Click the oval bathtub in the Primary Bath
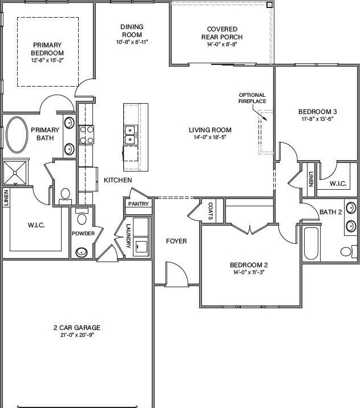(x=17, y=134)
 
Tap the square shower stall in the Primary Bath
(x=15, y=173)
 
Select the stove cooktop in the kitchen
(x=87, y=134)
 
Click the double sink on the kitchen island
(x=130, y=135)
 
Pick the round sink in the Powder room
(x=82, y=252)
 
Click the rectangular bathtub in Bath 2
(x=311, y=243)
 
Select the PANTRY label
(x=138, y=204)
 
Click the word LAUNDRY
(x=128, y=236)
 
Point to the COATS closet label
(x=211, y=211)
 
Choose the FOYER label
(x=176, y=241)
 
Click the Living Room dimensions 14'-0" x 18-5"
(x=210, y=137)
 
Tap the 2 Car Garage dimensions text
(x=77, y=335)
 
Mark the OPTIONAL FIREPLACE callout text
(x=252, y=98)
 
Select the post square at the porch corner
(x=270, y=5)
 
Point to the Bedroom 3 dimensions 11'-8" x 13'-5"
(x=318, y=119)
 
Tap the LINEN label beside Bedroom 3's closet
(x=311, y=179)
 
